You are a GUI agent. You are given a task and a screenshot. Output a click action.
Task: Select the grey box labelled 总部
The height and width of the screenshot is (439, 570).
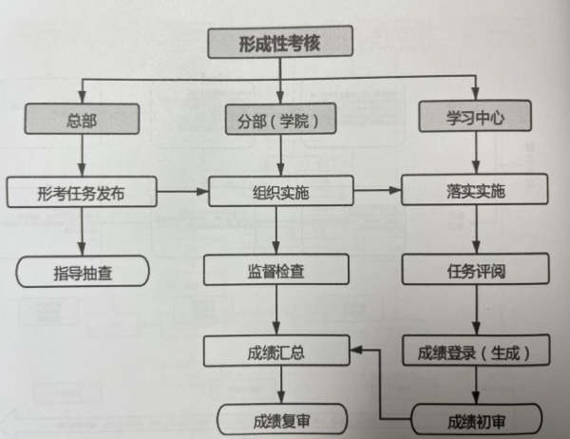pyautogui.click(x=82, y=120)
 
